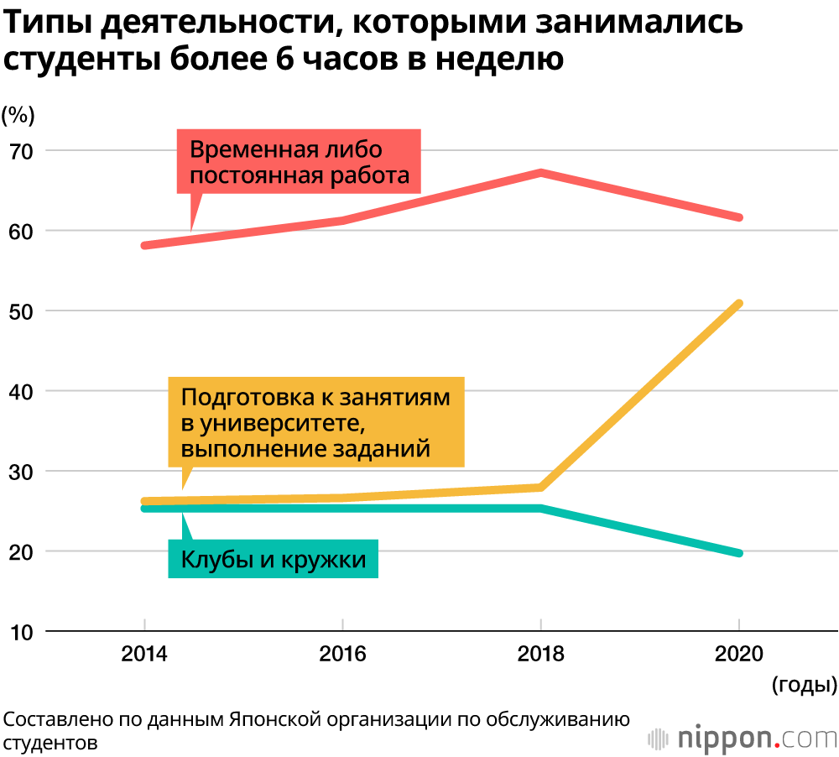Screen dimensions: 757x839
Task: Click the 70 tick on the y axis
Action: pos(20,152)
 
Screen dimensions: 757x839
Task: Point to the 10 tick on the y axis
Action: pos(20,632)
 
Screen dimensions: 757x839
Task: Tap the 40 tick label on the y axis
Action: pos(20,392)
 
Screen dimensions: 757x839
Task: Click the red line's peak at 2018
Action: pos(541,173)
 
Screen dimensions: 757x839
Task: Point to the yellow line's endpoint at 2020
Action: pos(738,303)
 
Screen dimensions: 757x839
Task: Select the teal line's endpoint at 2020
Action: pos(738,553)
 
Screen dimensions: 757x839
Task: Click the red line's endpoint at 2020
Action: pos(738,217)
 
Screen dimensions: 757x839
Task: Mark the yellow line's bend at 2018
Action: pos(541,487)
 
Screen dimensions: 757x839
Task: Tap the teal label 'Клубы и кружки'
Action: pos(274,559)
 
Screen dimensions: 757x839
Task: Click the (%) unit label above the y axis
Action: pos(18,113)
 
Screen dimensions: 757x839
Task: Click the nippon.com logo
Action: pos(743,738)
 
